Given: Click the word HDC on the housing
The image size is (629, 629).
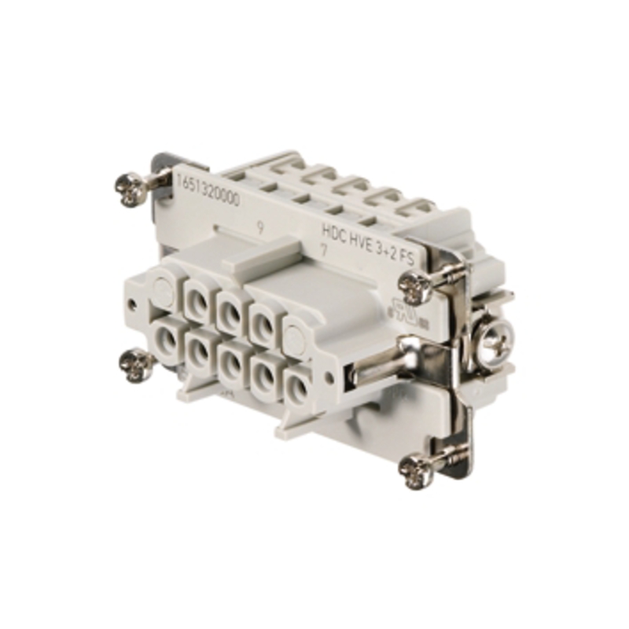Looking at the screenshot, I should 336,230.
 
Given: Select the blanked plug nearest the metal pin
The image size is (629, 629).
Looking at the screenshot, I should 294,340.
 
